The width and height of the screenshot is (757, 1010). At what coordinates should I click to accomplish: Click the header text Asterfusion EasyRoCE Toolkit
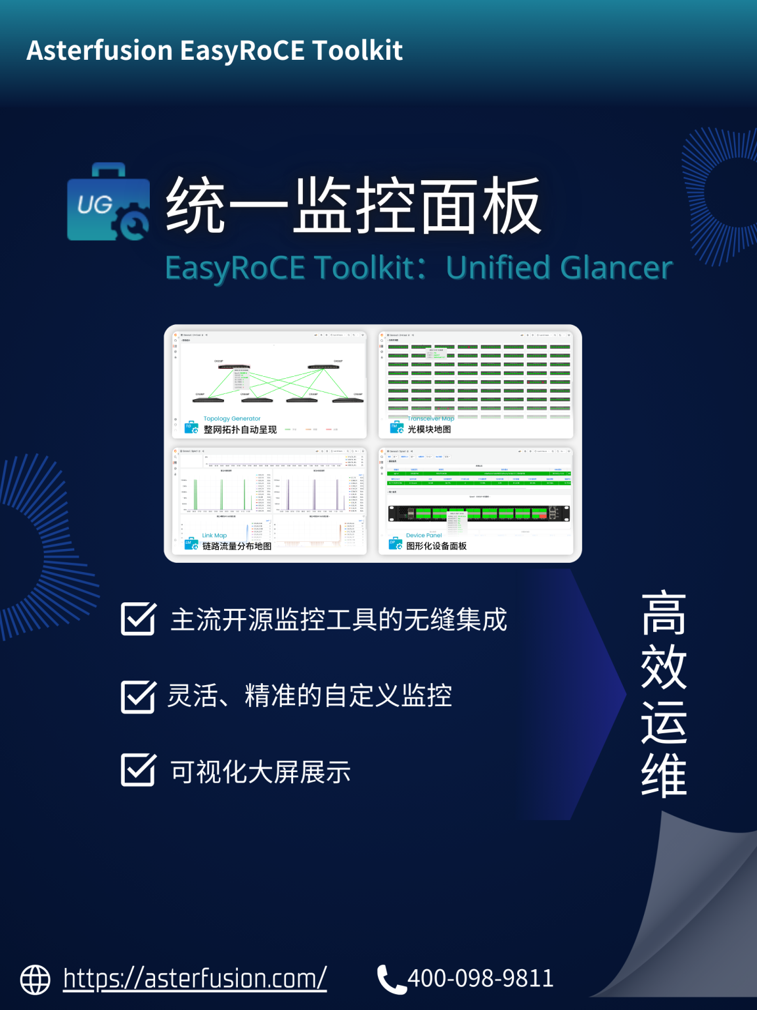214,51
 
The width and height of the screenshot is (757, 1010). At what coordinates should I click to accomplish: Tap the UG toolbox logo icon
108,203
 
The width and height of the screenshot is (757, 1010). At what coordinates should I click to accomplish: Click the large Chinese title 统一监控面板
353,206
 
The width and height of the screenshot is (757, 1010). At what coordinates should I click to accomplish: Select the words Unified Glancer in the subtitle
559,268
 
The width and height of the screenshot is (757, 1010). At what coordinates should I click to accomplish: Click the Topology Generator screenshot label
232,419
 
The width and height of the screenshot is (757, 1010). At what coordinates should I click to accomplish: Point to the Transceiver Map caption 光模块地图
429,429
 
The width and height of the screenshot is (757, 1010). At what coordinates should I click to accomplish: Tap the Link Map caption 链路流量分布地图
237,546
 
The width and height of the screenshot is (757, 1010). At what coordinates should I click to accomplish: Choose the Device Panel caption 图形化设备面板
436,546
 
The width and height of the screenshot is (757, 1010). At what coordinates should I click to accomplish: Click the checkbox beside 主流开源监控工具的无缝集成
138,618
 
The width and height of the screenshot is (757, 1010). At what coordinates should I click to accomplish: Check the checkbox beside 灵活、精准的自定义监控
138,696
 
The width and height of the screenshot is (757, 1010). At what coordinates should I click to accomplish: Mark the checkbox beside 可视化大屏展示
138,770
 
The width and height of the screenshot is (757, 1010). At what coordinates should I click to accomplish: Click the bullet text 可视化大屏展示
261,772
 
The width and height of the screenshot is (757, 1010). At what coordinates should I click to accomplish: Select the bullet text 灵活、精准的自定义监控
310,696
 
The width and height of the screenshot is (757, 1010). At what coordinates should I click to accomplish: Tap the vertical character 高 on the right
664,613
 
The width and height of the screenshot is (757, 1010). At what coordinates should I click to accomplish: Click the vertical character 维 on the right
664,776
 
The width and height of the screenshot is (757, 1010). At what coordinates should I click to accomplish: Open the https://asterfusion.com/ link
195,978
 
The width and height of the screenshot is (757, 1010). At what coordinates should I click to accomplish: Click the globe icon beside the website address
35,980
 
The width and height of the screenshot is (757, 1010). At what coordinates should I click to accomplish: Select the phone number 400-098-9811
480,978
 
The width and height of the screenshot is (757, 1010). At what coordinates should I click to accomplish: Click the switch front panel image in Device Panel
478,513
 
